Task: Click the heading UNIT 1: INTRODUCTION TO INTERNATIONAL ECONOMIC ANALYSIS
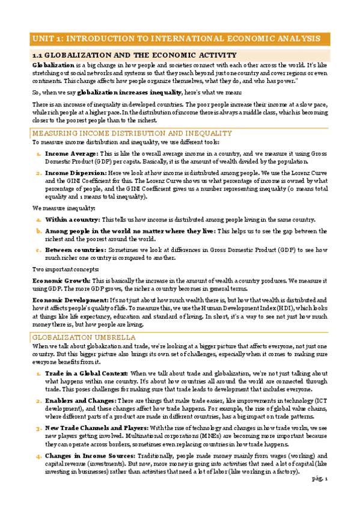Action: click(x=175, y=38)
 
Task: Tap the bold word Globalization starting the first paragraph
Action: click(x=53, y=64)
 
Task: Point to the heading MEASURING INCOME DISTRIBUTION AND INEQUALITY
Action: click(x=132, y=133)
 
